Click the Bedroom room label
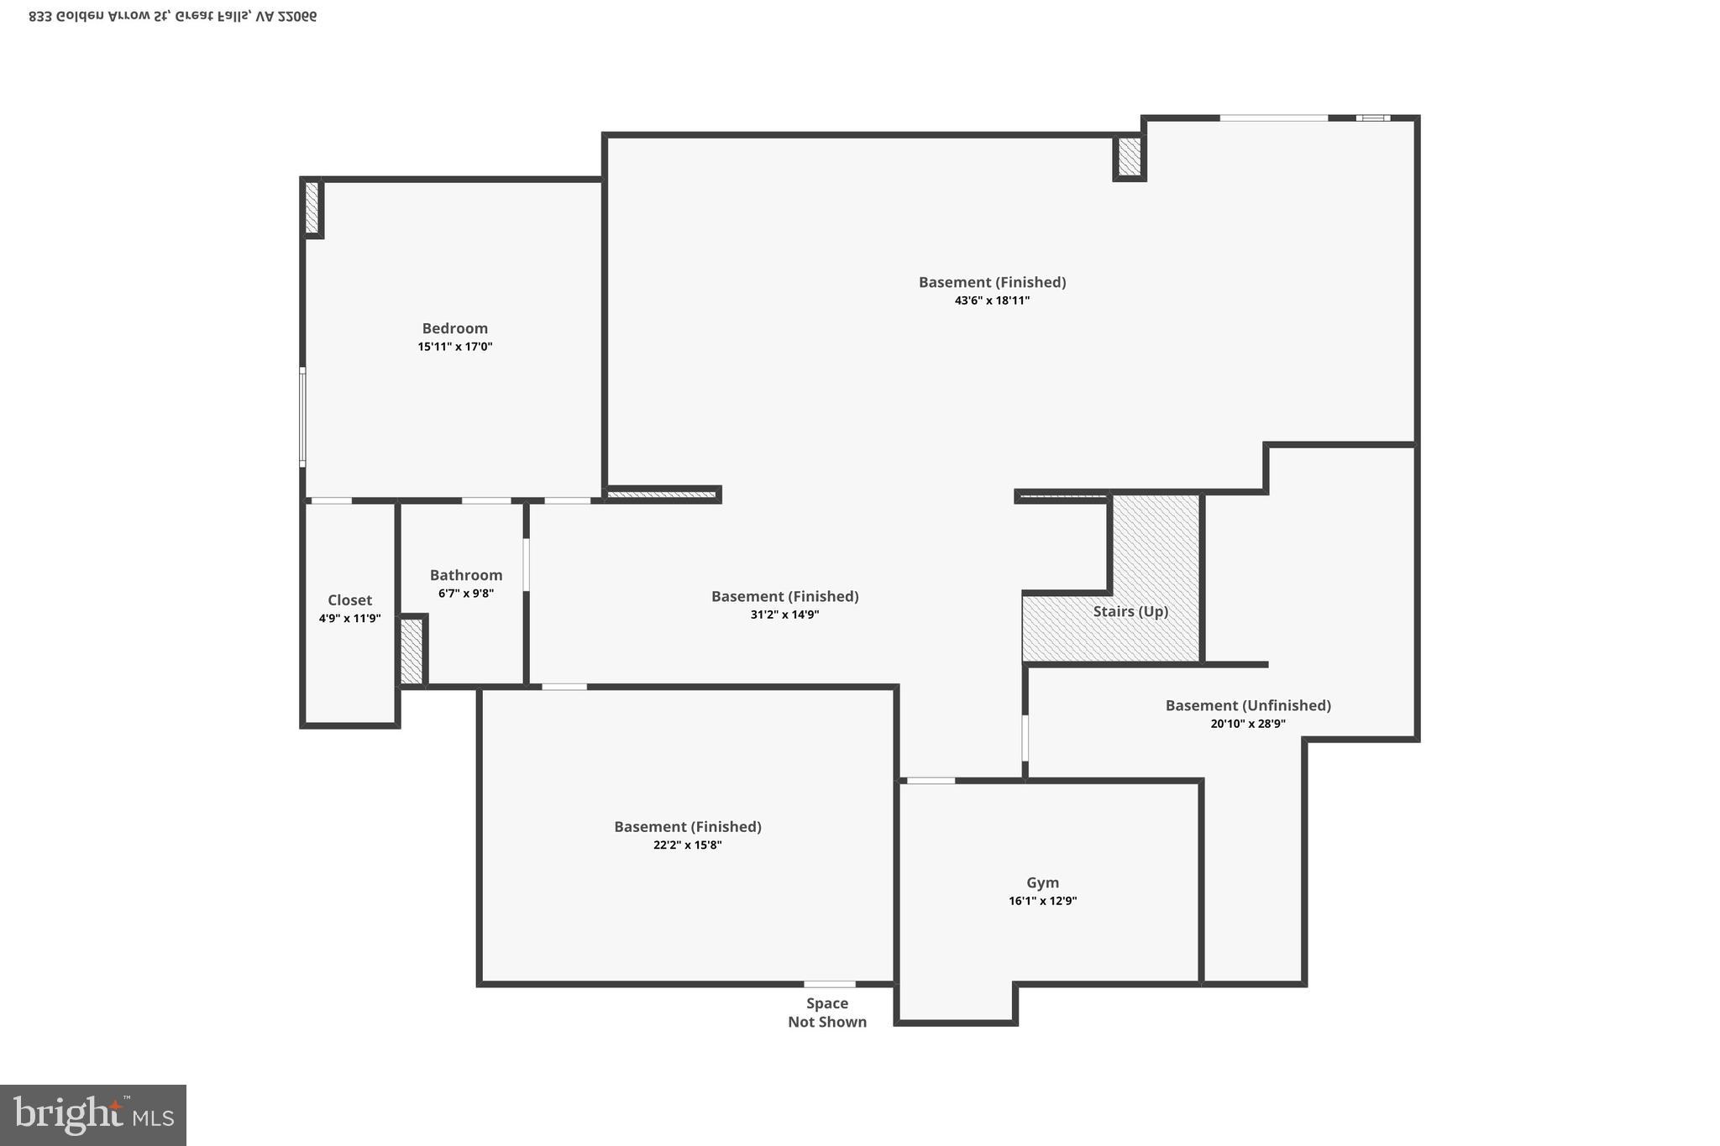click(454, 328)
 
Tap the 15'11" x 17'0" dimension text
click(454, 347)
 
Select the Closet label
click(349, 600)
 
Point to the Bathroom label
click(466, 575)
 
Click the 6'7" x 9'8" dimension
click(466, 594)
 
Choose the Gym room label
click(1042, 882)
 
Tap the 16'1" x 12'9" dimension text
click(1042, 901)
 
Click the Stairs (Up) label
click(1130, 611)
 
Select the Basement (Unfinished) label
click(1248, 705)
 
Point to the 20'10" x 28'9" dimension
click(1248, 724)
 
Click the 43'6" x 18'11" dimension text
click(992, 301)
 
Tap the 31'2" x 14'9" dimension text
click(784, 615)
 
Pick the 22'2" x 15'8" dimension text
click(687, 845)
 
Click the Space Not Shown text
click(827, 1013)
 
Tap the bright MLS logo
click(93, 1116)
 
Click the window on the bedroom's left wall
click(302, 416)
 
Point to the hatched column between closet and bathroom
click(412, 651)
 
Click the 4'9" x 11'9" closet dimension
click(349, 619)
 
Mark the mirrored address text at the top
click(173, 16)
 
